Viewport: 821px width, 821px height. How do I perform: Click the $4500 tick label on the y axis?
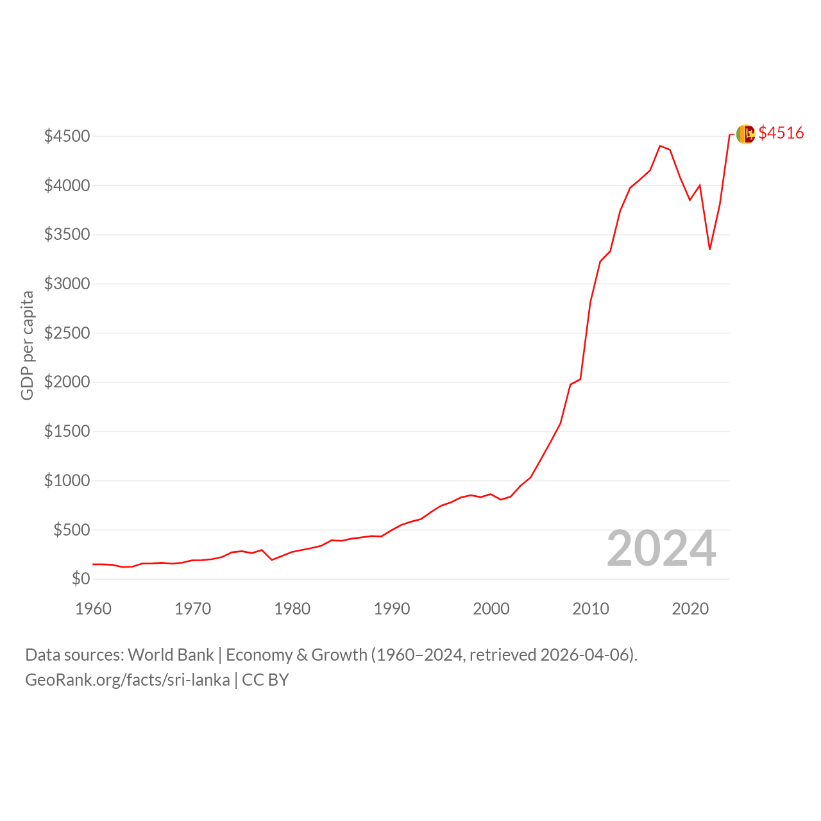coord(67,136)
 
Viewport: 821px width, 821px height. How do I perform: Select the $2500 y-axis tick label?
coord(67,333)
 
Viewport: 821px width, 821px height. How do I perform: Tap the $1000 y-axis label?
coord(67,480)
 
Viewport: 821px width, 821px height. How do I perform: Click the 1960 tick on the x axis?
coord(93,609)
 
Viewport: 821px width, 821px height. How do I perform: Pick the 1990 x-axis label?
coord(391,609)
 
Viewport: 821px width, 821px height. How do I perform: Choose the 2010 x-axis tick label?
coord(591,609)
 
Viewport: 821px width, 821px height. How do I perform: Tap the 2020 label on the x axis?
coord(690,609)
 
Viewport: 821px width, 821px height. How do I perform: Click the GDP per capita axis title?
coord(28,346)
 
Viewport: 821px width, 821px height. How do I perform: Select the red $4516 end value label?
coord(781,133)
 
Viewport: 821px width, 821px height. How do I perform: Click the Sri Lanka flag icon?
coord(745,134)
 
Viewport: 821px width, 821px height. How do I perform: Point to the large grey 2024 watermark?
coord(661,548)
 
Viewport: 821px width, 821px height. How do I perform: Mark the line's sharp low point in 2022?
coord(710,249)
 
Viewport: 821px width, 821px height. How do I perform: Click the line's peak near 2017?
coord(660,146)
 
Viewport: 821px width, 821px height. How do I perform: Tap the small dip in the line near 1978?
coord(272,559)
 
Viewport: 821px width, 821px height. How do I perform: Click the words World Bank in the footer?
coord(171,655)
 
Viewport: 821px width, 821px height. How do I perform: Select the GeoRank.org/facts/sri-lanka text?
coord(128,680)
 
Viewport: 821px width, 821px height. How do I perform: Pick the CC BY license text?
coord(266,680)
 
